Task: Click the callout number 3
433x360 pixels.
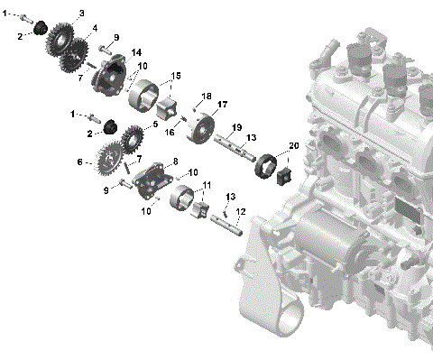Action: click(x=82, y=14)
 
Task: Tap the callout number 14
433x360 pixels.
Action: click(x=136, y=53)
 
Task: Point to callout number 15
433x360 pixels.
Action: click(x=176, y=75)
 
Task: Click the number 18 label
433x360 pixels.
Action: click(x=207, y=97)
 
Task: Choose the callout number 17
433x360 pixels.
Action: click(x=222, y=105)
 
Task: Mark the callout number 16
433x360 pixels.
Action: click(x=168, y=133)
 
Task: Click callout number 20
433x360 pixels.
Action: click(x=292, y=145)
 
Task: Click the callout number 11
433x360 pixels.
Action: click(x=207, y=185)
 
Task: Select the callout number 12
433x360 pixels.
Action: click(x=241, y=213)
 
